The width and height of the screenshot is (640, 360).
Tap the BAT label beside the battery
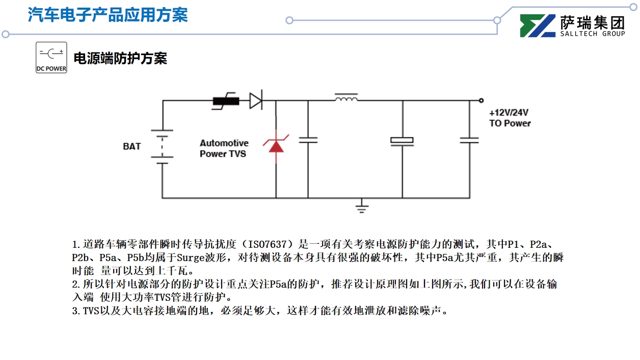click(131, 146)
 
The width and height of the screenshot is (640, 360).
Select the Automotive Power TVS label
click(224, 148)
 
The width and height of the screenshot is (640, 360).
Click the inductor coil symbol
click(346, 97)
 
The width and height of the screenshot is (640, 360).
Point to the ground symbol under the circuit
click(362, 206)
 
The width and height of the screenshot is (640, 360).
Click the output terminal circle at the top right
click(481, 100)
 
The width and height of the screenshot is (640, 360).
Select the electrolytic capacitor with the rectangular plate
click(402, 141)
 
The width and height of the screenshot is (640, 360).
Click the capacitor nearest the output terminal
click(469, 139)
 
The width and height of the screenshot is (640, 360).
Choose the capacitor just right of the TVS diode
click(308, 139)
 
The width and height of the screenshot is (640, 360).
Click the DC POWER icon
click(51, 57)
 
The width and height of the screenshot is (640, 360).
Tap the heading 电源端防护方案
click(120, 58)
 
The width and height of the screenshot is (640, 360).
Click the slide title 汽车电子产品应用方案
click(108, 14)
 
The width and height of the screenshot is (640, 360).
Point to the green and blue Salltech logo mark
click(538, 25)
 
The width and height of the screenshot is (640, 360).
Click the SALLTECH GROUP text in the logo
click(593, 34)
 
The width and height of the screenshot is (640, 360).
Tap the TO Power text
click(510, 123)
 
